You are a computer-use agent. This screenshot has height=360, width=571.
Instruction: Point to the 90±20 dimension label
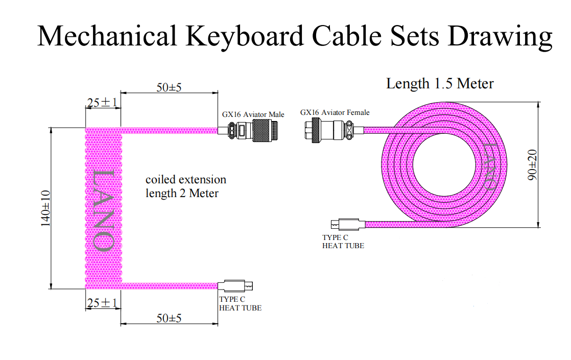(x=533, y=165)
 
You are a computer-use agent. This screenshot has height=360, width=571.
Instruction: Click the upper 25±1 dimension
(x=102, y=103)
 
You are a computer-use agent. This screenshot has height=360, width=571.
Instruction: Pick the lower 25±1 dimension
(x=102, y=303)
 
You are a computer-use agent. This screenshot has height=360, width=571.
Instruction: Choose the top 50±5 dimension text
(x=169, y=87)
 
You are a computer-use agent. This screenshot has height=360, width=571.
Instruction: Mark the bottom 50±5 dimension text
(x=169, y=318)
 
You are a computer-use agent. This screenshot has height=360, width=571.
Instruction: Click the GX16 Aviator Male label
(x=253, y=114)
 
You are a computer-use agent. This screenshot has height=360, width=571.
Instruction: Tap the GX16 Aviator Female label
(x=335, y=112)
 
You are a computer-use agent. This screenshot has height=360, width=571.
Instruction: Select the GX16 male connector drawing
(x=250, y=131)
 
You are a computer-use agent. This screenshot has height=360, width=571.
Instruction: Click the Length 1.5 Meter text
(x=440, y=83)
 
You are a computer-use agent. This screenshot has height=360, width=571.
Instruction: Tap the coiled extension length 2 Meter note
(x=185, y=186)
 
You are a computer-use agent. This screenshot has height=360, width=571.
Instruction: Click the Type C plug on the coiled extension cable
(x=235, y=286)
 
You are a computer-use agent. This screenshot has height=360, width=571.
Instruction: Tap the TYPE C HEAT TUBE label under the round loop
(x=343, y=242)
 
